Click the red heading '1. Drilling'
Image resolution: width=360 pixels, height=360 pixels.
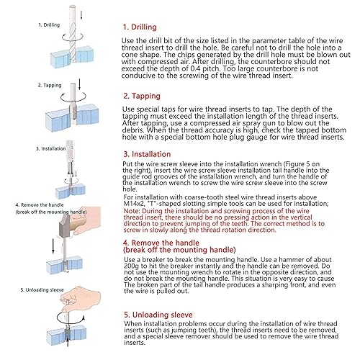140,27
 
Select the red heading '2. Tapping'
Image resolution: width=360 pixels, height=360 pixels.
142,96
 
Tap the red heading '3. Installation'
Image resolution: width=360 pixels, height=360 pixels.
147,154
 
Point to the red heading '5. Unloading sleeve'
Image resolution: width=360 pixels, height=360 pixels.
158,315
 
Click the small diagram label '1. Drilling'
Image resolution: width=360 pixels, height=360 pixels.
49,25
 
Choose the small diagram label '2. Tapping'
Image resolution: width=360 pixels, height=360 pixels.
50,85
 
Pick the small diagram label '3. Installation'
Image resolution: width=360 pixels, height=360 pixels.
50,148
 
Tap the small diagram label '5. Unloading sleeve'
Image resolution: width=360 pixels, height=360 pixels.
42,290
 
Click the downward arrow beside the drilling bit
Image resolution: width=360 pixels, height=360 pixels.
81,14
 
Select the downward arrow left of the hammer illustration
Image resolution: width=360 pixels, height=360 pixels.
53,246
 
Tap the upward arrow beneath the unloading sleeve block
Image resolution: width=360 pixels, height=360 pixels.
68,342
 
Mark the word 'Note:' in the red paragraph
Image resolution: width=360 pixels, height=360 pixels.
132,211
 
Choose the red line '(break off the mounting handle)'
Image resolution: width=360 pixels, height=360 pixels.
179,250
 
